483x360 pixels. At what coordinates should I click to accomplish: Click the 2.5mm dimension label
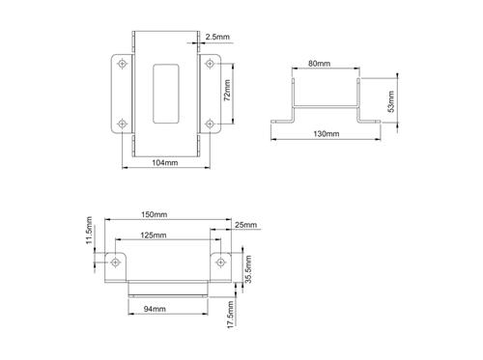217,40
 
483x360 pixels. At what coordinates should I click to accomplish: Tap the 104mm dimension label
165,164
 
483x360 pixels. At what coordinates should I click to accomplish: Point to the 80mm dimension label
319,64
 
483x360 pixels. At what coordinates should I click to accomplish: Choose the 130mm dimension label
326,132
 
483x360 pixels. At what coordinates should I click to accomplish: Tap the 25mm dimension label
246,226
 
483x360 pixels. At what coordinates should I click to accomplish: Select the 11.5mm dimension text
88,233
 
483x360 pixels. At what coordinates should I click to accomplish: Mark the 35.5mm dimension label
249,269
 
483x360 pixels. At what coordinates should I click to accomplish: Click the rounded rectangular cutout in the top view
164,93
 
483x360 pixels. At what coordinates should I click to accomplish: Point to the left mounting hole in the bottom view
115,262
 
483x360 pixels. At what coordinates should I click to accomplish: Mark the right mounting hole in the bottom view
218,262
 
